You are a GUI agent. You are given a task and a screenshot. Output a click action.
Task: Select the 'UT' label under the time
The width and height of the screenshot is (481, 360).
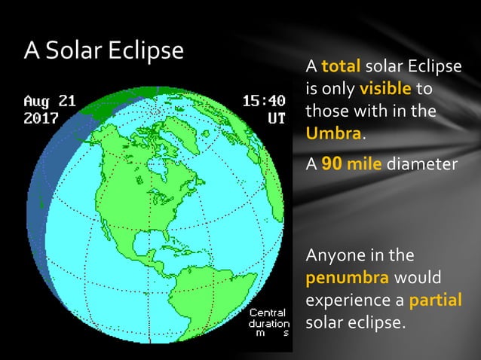(276, 118)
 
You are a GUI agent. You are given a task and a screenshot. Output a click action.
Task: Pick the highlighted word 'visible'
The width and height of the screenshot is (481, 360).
(385, 89)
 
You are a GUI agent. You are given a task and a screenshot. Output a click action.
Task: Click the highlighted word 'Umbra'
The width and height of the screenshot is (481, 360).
(334, 134)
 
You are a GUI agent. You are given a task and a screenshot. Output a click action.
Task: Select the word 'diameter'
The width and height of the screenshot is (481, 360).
(421, 163)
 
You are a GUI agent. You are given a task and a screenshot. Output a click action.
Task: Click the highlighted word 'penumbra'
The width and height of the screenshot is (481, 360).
(347, 277)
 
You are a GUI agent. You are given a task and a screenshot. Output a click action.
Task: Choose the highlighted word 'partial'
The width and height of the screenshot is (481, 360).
(435, 300)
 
